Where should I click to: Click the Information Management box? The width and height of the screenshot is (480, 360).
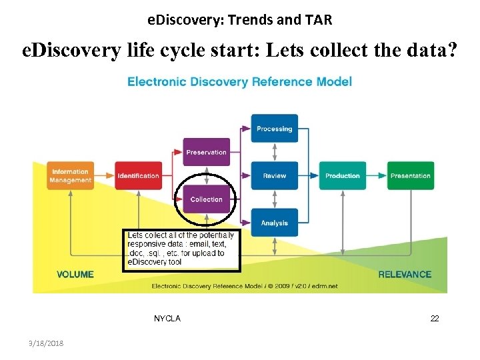pyautogui.click(x=70, y=176)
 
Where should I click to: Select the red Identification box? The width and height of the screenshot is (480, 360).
pyautogui.click(x=138, y=176)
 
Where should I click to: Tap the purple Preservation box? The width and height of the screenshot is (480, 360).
pyautogui.click(x=206, y=152)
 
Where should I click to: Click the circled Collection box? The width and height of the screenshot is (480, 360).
pyautogui.click(x=206, y=199)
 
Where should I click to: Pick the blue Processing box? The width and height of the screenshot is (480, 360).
pyautogui.click(x=274, y=129)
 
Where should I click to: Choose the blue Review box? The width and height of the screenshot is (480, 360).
pyautogui.click(x=274, y=176)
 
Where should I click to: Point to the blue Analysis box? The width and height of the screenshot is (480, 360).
pyautogui.click(x=274, y=223)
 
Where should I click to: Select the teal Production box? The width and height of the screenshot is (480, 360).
pyautogui.click(x=342, y=176)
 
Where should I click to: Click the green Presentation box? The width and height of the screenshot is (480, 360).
pyautogui.click(x=410, y=176)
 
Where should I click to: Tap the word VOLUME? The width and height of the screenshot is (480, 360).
pyautogui.click(x=75, y=274)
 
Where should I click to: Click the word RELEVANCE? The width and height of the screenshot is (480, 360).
pyautogui.click(x=405, y=274)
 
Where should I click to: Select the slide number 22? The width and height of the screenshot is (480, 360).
pyautogui.click(x=435, y=319)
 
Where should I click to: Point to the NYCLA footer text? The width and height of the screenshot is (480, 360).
pyautogui.click(x=167, y=319)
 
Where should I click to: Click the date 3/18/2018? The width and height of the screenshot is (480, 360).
pyautogui.click(x=47, y=343)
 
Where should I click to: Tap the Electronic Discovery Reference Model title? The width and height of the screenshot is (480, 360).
pyautogui.click(x=239, y=82)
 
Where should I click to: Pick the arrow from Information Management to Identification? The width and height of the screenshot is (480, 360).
pyautogui.click(x=104, y=176)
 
